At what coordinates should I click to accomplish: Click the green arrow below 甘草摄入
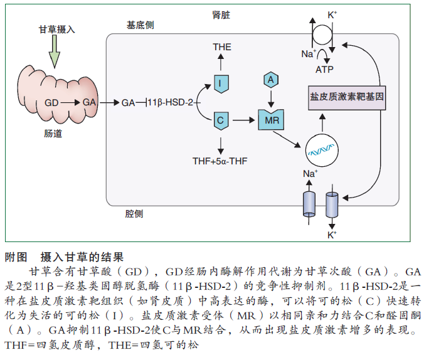click(54, 50)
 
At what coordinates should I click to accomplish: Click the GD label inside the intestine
click(51, 102)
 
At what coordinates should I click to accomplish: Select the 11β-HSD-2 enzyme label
click(171, 102)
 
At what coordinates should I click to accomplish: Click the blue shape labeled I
click(221, 83)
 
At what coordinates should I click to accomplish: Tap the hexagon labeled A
click(270, 80)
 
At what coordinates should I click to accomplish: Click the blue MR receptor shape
click(271, 119)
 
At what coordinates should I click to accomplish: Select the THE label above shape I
click(221, 47)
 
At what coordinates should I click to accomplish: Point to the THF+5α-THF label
click(220, 161)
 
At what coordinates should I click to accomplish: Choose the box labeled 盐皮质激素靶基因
click(347, 98)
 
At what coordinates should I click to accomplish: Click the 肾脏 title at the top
click(222, 13)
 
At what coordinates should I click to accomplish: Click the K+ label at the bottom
click(332, 235)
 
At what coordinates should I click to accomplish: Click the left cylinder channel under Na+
click(309, 203)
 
